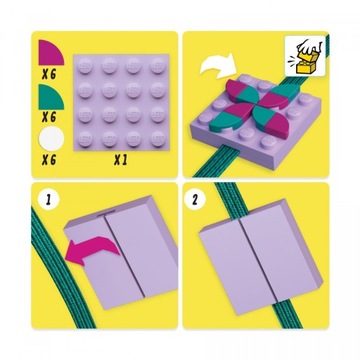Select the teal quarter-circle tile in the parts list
click(x=49, y=98)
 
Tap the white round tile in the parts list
click(x=49, y=144)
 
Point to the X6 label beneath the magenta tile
click(x=47, y=73)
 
